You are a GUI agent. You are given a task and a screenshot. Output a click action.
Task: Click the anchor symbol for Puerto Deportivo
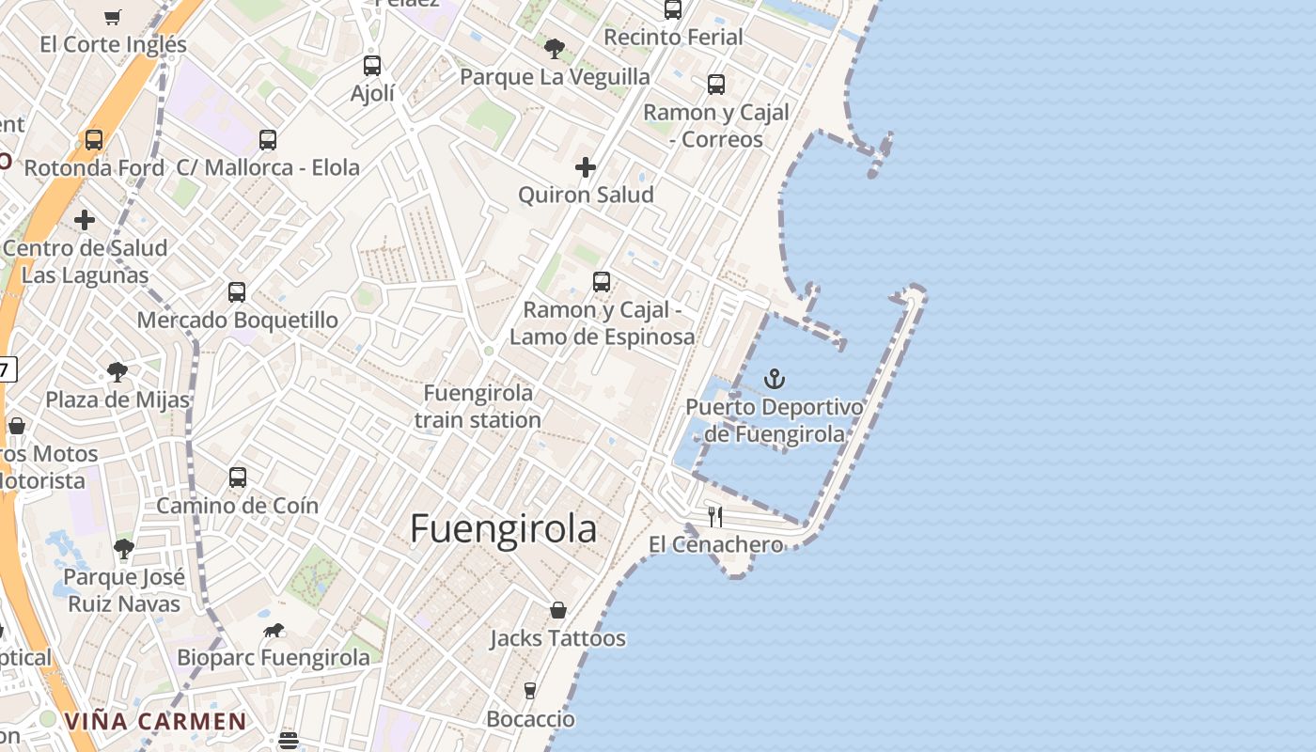[775, 379]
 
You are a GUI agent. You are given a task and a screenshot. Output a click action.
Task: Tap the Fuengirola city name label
[503, 529]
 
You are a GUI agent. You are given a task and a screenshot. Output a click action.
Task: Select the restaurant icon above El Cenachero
[715, 516]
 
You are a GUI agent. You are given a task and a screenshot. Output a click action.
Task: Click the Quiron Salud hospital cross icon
[586, 167]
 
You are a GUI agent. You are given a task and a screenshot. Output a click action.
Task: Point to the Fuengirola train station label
[478, 406]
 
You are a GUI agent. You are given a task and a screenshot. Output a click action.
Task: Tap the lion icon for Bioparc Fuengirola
[274, 630]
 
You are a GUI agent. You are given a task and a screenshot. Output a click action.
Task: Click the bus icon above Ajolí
[372, 66]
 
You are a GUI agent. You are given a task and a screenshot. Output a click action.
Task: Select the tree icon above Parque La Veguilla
[555, 48]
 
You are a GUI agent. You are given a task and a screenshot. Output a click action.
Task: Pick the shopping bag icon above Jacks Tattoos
[558, 610]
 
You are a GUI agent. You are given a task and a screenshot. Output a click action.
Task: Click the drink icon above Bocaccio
[530, 691]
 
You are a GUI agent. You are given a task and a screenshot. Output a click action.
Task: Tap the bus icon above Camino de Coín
[238, 478]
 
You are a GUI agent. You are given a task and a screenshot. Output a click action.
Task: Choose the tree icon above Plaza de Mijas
[117, 372]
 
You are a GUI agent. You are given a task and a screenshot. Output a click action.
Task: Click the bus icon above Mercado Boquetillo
[237, 292]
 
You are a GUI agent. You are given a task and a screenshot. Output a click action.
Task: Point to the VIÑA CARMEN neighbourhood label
[155, 722]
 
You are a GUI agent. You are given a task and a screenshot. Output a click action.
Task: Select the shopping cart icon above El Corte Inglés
[113, 17]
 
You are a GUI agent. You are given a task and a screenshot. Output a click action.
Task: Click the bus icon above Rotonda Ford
[94, 140]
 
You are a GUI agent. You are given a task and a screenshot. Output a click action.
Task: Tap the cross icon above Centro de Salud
[85, 220]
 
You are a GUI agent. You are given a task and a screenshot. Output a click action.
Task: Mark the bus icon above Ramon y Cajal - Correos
[716, 85]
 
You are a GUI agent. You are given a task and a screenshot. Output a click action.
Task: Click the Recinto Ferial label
[673, 38]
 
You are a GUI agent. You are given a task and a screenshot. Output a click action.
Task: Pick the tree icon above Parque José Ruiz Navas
[123, 549]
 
